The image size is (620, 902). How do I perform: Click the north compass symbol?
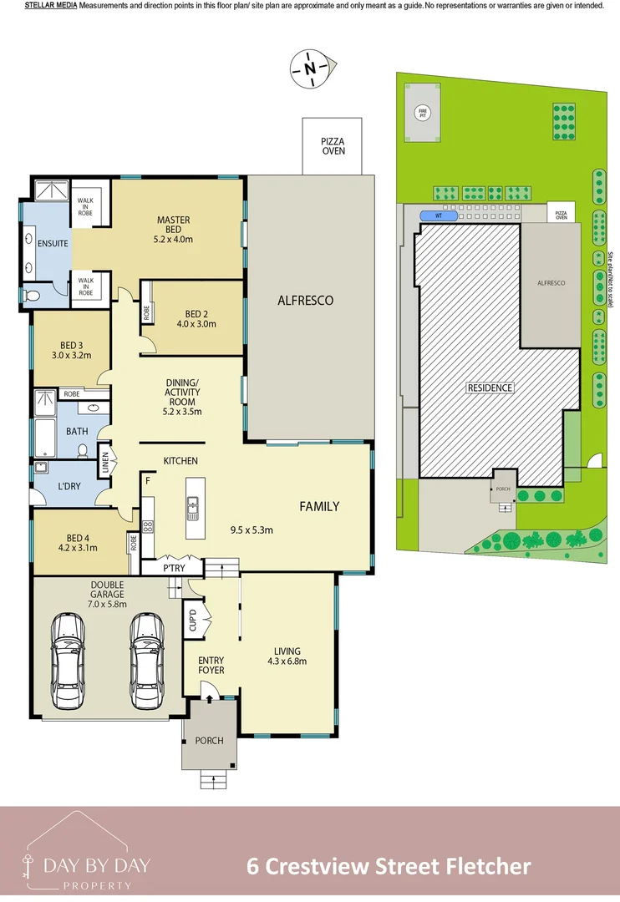(x=312, y=68)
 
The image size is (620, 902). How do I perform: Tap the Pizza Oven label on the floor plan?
(x=333, y=147)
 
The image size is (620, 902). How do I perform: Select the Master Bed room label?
(x=173, y=230)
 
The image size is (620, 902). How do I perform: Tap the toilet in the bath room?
(x=83, y=451)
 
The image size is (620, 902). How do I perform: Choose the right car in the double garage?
(x=146, y=660)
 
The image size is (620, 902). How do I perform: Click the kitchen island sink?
(x=192, y=505)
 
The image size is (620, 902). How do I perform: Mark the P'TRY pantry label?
(x=174, y=568)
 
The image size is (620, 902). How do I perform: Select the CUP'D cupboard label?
(x=192, y=621)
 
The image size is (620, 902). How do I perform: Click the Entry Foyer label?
(x=211, y=666)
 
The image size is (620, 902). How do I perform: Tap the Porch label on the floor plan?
(x=209, y=741)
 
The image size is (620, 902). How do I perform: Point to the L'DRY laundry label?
(x=68, y=486)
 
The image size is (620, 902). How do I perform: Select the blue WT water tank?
(x=439, y=215)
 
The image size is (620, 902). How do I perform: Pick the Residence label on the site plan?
(x=490, y=388)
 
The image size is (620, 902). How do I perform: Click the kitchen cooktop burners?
(x=150, y=526)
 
